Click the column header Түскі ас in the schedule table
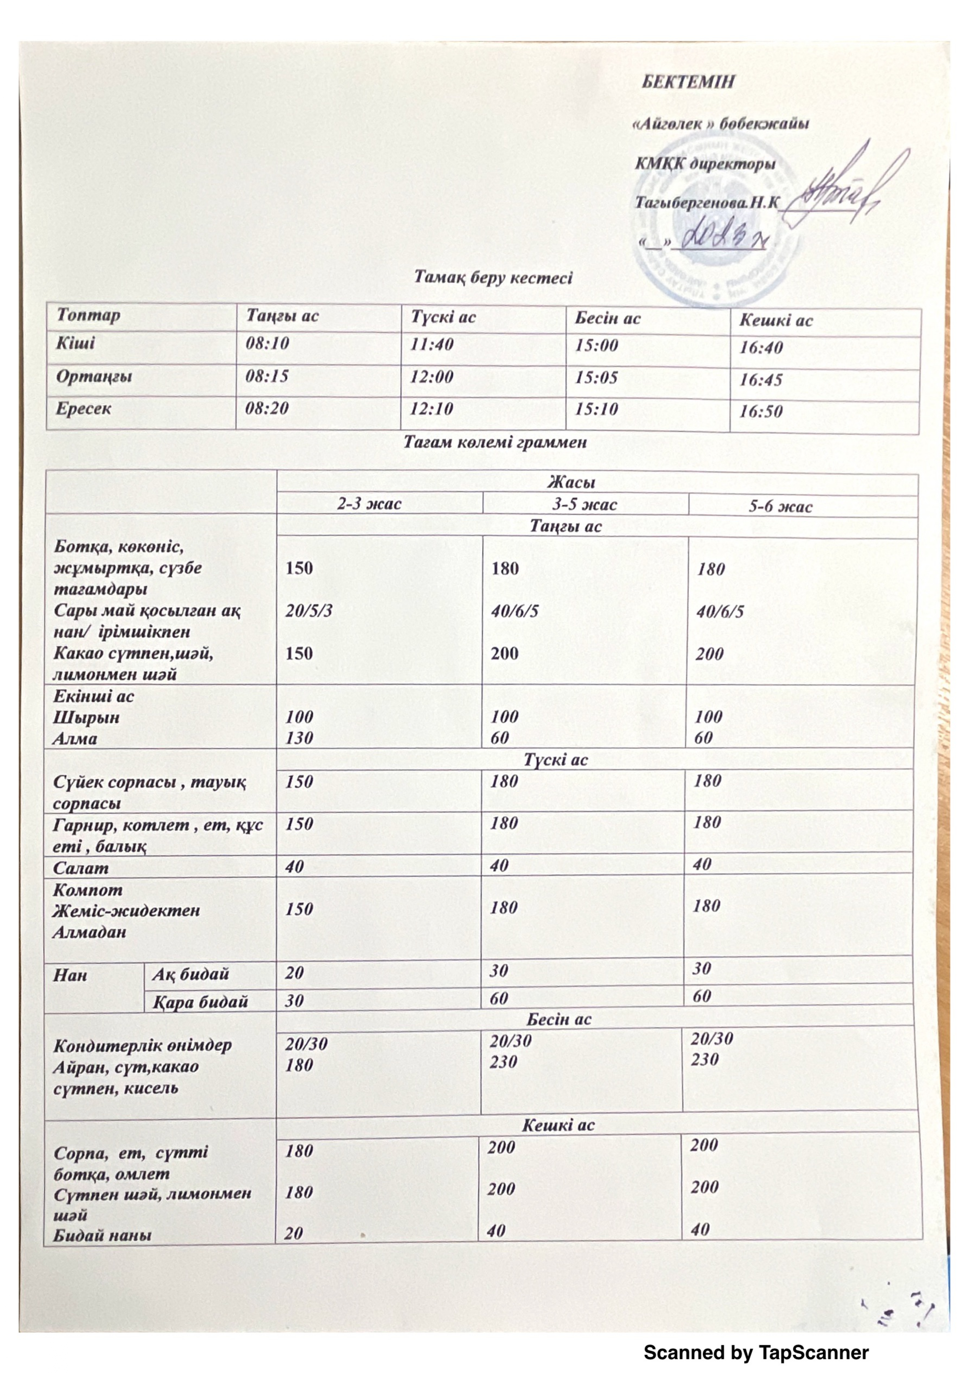443,317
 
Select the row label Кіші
75,343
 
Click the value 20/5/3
308,611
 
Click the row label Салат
81,868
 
